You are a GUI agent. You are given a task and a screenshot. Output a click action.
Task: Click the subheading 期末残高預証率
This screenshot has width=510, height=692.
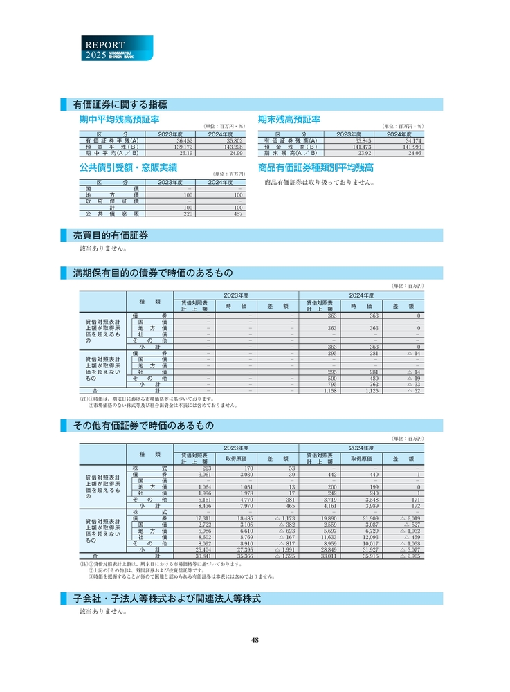[x=289, y=120]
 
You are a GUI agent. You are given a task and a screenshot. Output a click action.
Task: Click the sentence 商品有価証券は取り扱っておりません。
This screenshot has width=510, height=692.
[x=320, y=183]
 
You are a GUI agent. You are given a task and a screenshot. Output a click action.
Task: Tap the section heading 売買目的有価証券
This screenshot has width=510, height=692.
[x=111, y=235]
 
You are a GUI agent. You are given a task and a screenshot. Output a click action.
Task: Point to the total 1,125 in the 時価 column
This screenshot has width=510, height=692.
[x=371, y=391]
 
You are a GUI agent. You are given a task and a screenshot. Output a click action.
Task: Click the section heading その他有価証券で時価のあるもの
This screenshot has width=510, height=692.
[x=143, y=425]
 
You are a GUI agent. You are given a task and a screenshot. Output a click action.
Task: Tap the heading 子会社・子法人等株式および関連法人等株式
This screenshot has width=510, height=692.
[x=167, y=598]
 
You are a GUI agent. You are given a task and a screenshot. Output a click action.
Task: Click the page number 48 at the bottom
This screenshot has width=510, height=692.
[x=255, y=640]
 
